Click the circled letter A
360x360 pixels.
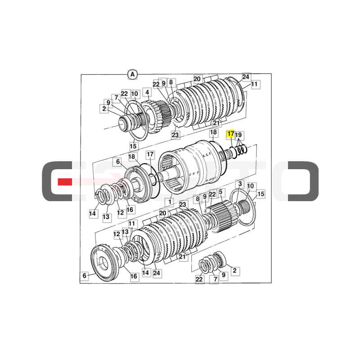click(132, 75)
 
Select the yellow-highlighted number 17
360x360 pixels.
click(230, 134)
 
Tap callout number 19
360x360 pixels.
click(239, 135)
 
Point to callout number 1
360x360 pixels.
click(170, 202)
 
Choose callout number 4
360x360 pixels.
click(147, 92)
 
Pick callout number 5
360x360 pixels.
click(220, 192)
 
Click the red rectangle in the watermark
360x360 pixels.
click(65, 182)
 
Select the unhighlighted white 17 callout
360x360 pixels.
click(150, 154)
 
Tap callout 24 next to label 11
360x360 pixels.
click(245, 77)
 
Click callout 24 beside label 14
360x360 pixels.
click(156, 273)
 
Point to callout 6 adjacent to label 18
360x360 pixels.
click(117, 162)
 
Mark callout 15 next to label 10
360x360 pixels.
click(261, 194)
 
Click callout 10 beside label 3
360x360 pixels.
click(251, 186)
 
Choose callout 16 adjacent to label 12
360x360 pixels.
click(130, 209)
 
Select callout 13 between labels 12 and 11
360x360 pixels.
click(125, 232)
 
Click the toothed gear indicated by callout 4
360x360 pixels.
click(156, 117)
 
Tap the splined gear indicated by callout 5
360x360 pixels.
click(224, 215)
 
